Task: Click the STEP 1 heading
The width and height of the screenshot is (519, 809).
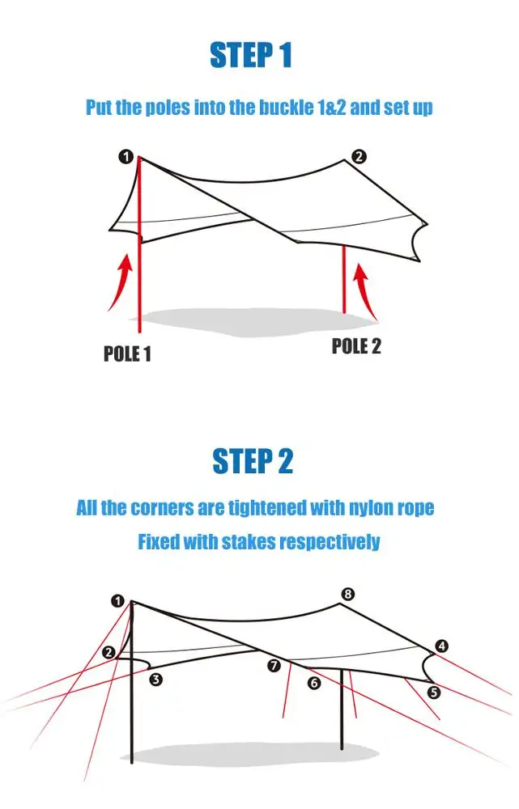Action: [250, 56]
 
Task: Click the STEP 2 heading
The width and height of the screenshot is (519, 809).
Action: [252, 461]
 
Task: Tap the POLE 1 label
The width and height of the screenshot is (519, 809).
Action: [127, 354]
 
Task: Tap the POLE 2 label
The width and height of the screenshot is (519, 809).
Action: [356, 346]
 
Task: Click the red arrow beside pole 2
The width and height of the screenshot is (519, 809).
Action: [365, 287]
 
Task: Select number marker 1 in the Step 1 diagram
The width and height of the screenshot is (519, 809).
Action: [126, 157]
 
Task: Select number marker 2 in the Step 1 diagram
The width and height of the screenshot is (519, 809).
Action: [359, 157]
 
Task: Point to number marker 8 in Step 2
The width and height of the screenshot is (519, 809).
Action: [347, 595]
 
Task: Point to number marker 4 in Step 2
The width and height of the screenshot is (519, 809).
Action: [441, 646]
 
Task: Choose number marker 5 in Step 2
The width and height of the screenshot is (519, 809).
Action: [434, 693]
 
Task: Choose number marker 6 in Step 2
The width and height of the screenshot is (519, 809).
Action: [314, 684]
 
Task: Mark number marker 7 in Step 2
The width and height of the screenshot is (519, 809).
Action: [274, 666]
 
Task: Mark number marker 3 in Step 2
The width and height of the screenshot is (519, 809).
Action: [156, 680]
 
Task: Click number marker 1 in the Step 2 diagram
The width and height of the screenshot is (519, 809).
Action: [118, 601]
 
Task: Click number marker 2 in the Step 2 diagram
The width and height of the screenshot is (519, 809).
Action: [109, 652]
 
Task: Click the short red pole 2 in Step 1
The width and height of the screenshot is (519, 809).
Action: [344, 279]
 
